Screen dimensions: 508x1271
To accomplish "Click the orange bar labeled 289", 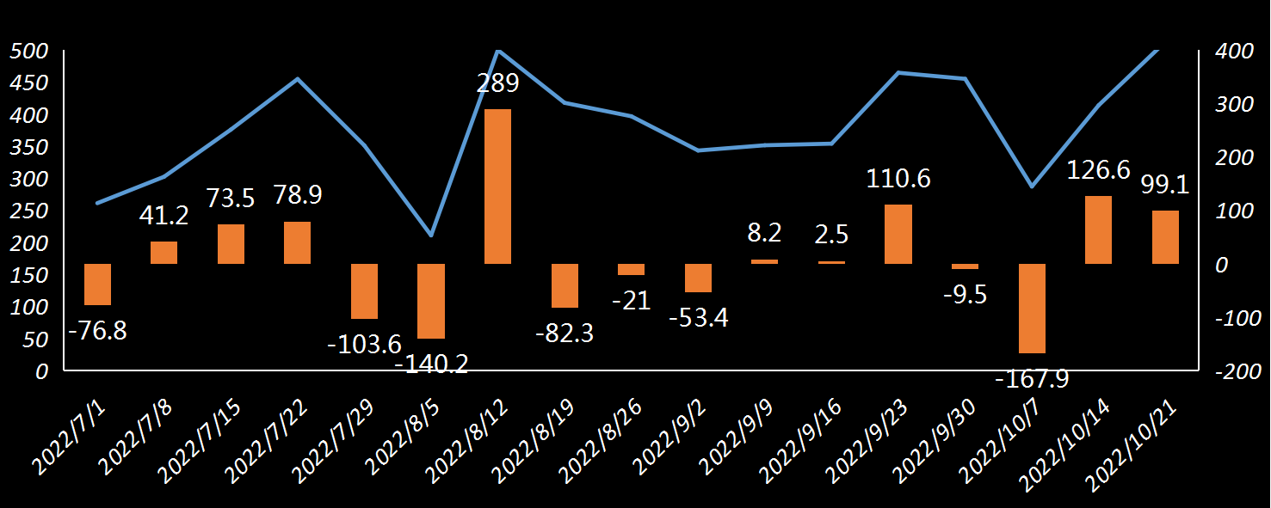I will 497,186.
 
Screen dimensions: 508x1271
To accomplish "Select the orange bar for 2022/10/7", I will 1032,308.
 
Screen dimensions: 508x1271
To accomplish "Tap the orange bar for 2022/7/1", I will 97,284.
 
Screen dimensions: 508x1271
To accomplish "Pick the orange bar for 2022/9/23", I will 898,234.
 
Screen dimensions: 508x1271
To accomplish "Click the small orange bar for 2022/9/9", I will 765,261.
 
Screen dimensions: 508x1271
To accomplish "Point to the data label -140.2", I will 431,364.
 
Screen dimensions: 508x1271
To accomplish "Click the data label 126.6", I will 1098,170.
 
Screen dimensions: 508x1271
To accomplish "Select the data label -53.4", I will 699,318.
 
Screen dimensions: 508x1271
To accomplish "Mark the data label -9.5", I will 965,295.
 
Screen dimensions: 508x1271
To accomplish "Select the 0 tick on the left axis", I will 42,371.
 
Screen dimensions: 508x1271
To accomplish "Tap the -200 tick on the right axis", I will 1237,371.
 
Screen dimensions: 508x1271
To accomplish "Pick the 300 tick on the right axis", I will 1233,104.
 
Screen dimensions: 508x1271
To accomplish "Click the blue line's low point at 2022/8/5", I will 431,236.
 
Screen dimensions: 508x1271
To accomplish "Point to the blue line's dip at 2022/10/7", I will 1032,187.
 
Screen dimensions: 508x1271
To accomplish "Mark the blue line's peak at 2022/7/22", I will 298,79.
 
